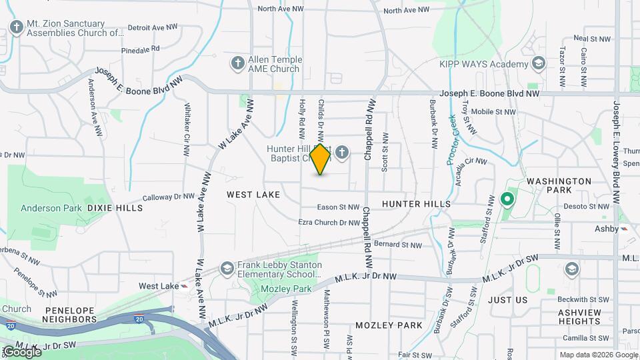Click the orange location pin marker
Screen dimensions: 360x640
click(x=321, y=159)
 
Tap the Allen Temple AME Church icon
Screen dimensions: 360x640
click(x=237, y=64)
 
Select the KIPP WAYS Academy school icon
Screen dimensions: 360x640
click(x=539, y=64)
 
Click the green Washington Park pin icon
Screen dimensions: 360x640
click(x=507, y=199)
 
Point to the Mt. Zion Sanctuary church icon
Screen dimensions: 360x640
click(x=17, y=27)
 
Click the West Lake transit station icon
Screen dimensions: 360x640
click(x=183, y=286)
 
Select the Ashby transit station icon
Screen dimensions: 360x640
click(x=625, y=229)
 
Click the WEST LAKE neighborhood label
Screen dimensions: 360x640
click(x=253, y=195)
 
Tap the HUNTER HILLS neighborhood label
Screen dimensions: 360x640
click(x=416, y=204)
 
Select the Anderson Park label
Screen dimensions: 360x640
click(x=51, y=208)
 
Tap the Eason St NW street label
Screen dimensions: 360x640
click(x=338, y=208)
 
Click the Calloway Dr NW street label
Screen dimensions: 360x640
click(x=169, y=197)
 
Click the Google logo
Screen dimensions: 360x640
click(x=21, y=351)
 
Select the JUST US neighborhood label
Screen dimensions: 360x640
click(x=507, y=300)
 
